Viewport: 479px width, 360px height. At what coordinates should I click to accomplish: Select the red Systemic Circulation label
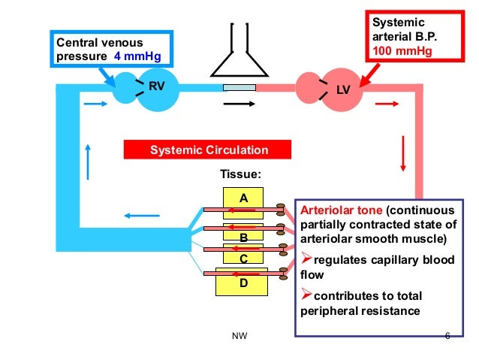[209, 150]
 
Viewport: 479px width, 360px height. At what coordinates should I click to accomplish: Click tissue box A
[243, 197]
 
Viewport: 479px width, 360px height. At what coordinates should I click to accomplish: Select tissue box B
[243, 237]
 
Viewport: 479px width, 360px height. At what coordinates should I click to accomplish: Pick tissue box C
[243, 258]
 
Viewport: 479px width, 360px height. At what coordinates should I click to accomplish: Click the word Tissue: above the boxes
[240, 174]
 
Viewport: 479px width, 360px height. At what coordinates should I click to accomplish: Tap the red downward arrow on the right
[403, 153]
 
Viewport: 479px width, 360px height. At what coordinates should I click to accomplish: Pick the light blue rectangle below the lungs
[239, 89]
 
